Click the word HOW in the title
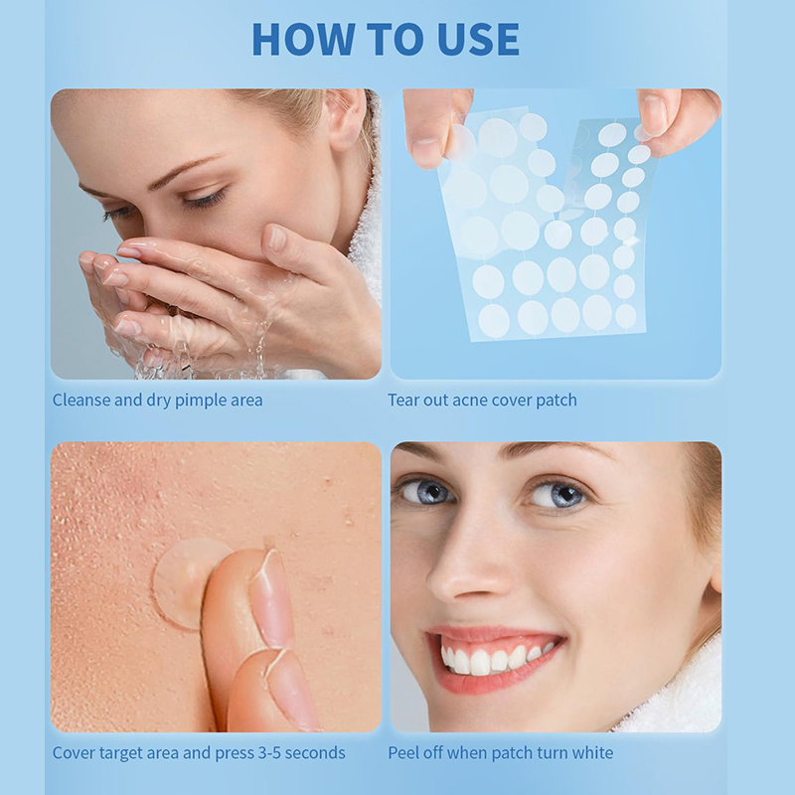point(303,39)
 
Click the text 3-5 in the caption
point(269,753)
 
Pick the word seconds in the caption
point(315,753)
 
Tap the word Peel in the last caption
point(403,753)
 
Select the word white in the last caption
point(592,753)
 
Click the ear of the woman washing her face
point(346,120)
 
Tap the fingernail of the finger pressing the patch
point(271,598)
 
